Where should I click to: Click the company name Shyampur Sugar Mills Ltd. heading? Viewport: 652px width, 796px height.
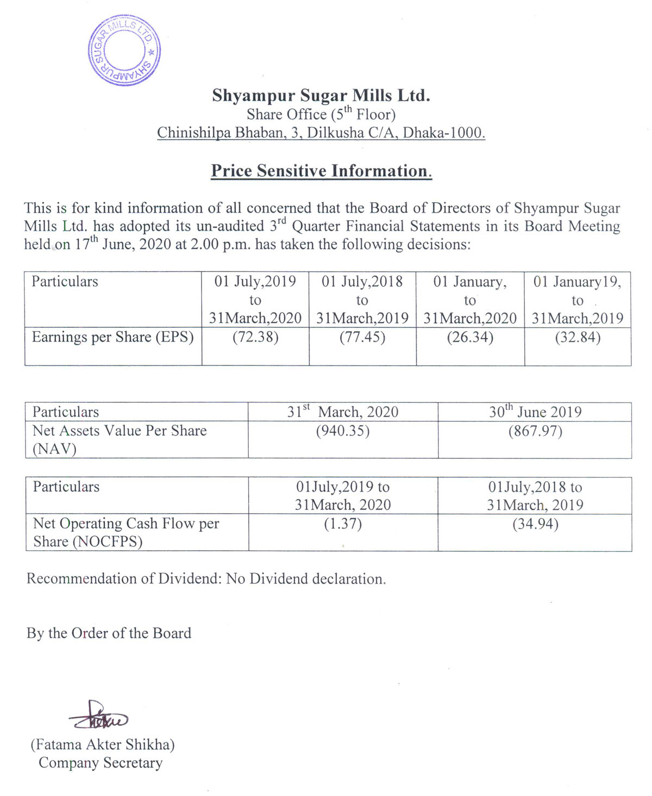tap(321, 96)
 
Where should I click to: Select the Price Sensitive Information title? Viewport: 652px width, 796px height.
tap(321, 171)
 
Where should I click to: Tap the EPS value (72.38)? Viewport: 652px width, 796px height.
tap(255, 337)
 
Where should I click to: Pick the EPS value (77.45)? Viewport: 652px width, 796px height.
tap(362, 337)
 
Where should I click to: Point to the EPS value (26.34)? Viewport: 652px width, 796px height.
tap(470, 337)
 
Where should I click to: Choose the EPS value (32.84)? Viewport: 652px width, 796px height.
tap(578, 337)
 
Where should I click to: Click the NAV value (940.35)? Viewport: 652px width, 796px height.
tap(343, 431)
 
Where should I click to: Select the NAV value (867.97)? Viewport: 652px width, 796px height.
tap(535, 431)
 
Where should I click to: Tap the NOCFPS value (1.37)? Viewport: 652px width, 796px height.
tap(343, 524)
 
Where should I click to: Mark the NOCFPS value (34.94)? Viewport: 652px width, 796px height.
tap(535, 524)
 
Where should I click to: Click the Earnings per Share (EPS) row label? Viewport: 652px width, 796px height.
tap(113, 337)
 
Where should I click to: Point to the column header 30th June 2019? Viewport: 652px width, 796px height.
tap(535, 412)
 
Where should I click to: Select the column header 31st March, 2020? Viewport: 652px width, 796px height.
tap(343, 412)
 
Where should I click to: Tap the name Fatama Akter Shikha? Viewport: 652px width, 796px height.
tap(103, 744)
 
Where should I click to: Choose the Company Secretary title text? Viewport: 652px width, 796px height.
tap(101, 763)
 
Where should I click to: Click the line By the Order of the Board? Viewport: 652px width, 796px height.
tap(109, 633)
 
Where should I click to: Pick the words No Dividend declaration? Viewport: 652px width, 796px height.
tap(306, 579)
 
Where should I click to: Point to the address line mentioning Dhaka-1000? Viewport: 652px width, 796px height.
tap(321, 133)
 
